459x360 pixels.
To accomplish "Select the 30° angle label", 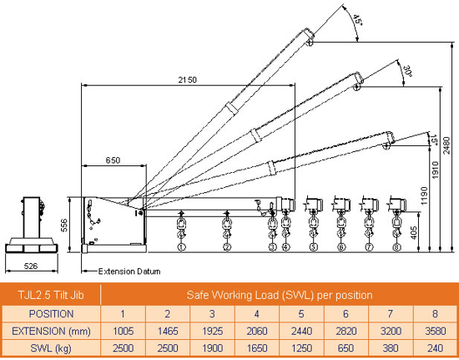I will pyautogui.click(x=406, y=72).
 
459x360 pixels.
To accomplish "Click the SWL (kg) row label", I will pyautogui.click(x=51, y=347).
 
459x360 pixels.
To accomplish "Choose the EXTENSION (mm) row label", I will pyautogui.click(x=51, y=330).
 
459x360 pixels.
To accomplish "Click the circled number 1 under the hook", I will pyautogui.click(x=181, y=247).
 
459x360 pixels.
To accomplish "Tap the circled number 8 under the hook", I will pyautogui.click(x=394, y=247).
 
